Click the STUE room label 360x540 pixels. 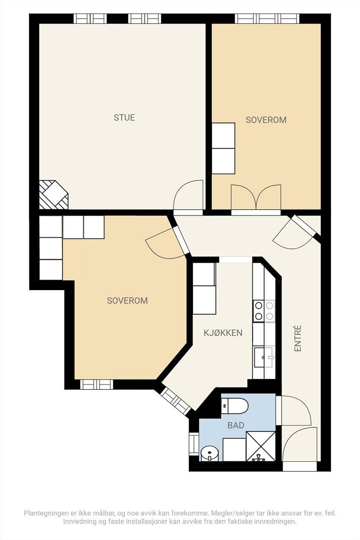[x=124, y=118]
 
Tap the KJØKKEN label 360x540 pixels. [x=223, y=332]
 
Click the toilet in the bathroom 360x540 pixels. [x=235, y=406]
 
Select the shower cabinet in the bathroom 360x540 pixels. [x=260, y=446]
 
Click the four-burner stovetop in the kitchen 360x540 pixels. [x=264, y=311]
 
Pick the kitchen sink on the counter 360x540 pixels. [x=263, y=357]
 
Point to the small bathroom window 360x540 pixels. [x=194, y=444]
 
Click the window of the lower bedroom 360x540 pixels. [x=97, y=384]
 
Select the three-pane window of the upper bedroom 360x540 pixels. [x=267, y=18]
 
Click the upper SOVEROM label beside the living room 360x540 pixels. [x=266, y=120]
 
